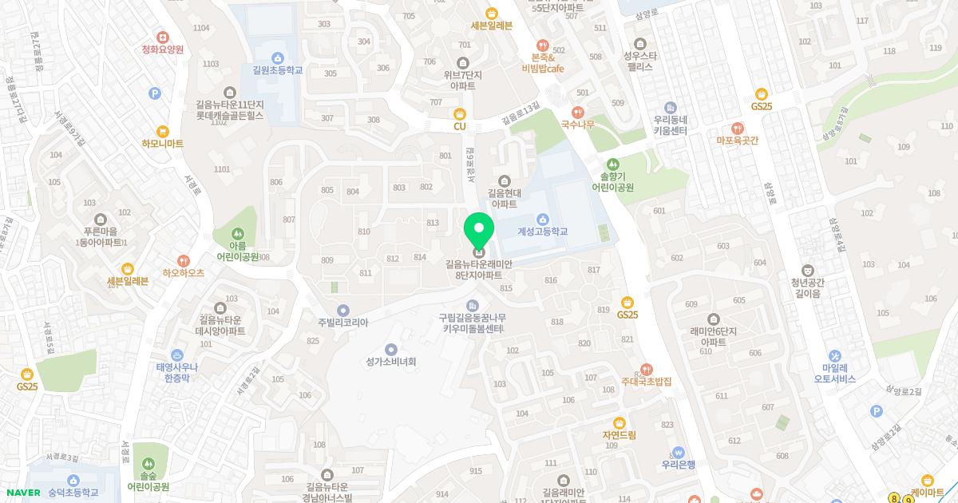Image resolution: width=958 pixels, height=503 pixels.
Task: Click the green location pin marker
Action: click(x=478, y=232)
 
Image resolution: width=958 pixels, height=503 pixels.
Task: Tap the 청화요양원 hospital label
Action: click(x=162, y=49)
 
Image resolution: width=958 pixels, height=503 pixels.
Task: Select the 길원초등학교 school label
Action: click(x=277, y=69)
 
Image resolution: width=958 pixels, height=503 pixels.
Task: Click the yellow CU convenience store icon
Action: click(x=459, y=114)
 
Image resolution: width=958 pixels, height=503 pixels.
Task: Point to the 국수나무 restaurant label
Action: click(x=578, y=124)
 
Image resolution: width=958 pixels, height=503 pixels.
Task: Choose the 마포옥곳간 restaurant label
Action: click(x=737, y=140)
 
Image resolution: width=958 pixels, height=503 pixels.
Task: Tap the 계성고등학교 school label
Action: click(x=542, y=231)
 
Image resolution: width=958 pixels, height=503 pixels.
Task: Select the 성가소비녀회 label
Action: click(x=390, y=361)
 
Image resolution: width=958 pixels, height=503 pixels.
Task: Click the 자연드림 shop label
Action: click(x=619, y=434)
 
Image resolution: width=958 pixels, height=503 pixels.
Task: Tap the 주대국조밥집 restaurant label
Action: click(x=647, y=381)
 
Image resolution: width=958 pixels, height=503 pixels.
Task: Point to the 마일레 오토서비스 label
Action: click(x=833, y=373)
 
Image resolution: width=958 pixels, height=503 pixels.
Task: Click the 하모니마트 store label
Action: click(x=163, y=143)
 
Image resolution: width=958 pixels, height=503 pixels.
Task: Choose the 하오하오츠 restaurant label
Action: click(x=184, y=272)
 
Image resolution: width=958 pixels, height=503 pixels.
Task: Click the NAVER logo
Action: click(x=22, y=493)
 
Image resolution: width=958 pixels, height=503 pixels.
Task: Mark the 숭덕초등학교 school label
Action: click(x=73, y=492)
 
